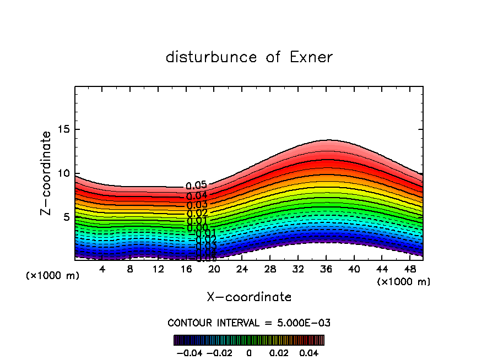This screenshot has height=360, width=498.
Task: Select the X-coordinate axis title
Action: click(249, 297)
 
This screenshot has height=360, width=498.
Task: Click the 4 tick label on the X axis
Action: click(102, 269)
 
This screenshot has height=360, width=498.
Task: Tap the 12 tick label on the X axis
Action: click(158, 269)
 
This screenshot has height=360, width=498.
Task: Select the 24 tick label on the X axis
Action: click(242, 269)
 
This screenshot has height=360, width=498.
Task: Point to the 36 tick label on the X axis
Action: click(326, 269)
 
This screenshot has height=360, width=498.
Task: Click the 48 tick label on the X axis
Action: click(409, 269)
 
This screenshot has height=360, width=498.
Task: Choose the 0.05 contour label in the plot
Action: click(196, 186)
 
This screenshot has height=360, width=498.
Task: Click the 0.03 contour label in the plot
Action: click(197, 205)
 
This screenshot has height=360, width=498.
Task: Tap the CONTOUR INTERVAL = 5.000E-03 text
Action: click(249, 323)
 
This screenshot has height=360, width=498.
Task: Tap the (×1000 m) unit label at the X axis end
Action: click(404, 282)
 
